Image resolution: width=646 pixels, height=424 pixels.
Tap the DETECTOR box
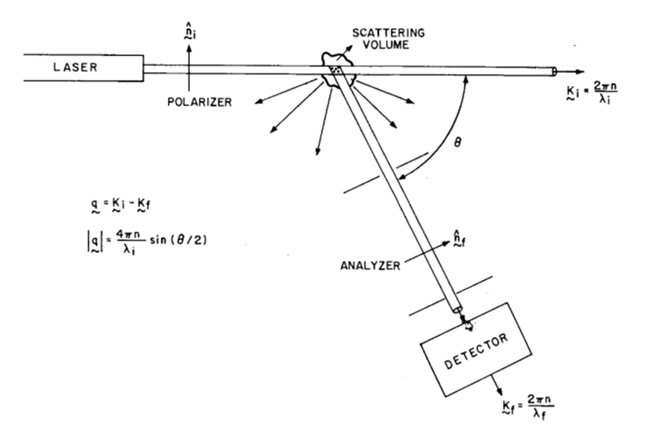(476, 350)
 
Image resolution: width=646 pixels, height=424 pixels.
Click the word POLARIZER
(199, 102)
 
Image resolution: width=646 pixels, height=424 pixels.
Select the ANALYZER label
(370, 265)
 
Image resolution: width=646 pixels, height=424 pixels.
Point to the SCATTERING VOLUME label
(388, 39)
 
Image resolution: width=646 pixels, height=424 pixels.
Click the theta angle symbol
(457, 142)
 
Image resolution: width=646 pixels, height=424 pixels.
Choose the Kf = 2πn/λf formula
(528, 407)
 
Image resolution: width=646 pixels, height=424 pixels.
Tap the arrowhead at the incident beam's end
(579, 72)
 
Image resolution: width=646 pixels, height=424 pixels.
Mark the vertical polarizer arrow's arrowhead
(189, 47)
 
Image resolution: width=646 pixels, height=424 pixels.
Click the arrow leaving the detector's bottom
(496, 385)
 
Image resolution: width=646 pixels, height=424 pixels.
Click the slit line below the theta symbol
(386, 172)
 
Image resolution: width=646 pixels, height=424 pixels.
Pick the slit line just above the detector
(451, 296)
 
